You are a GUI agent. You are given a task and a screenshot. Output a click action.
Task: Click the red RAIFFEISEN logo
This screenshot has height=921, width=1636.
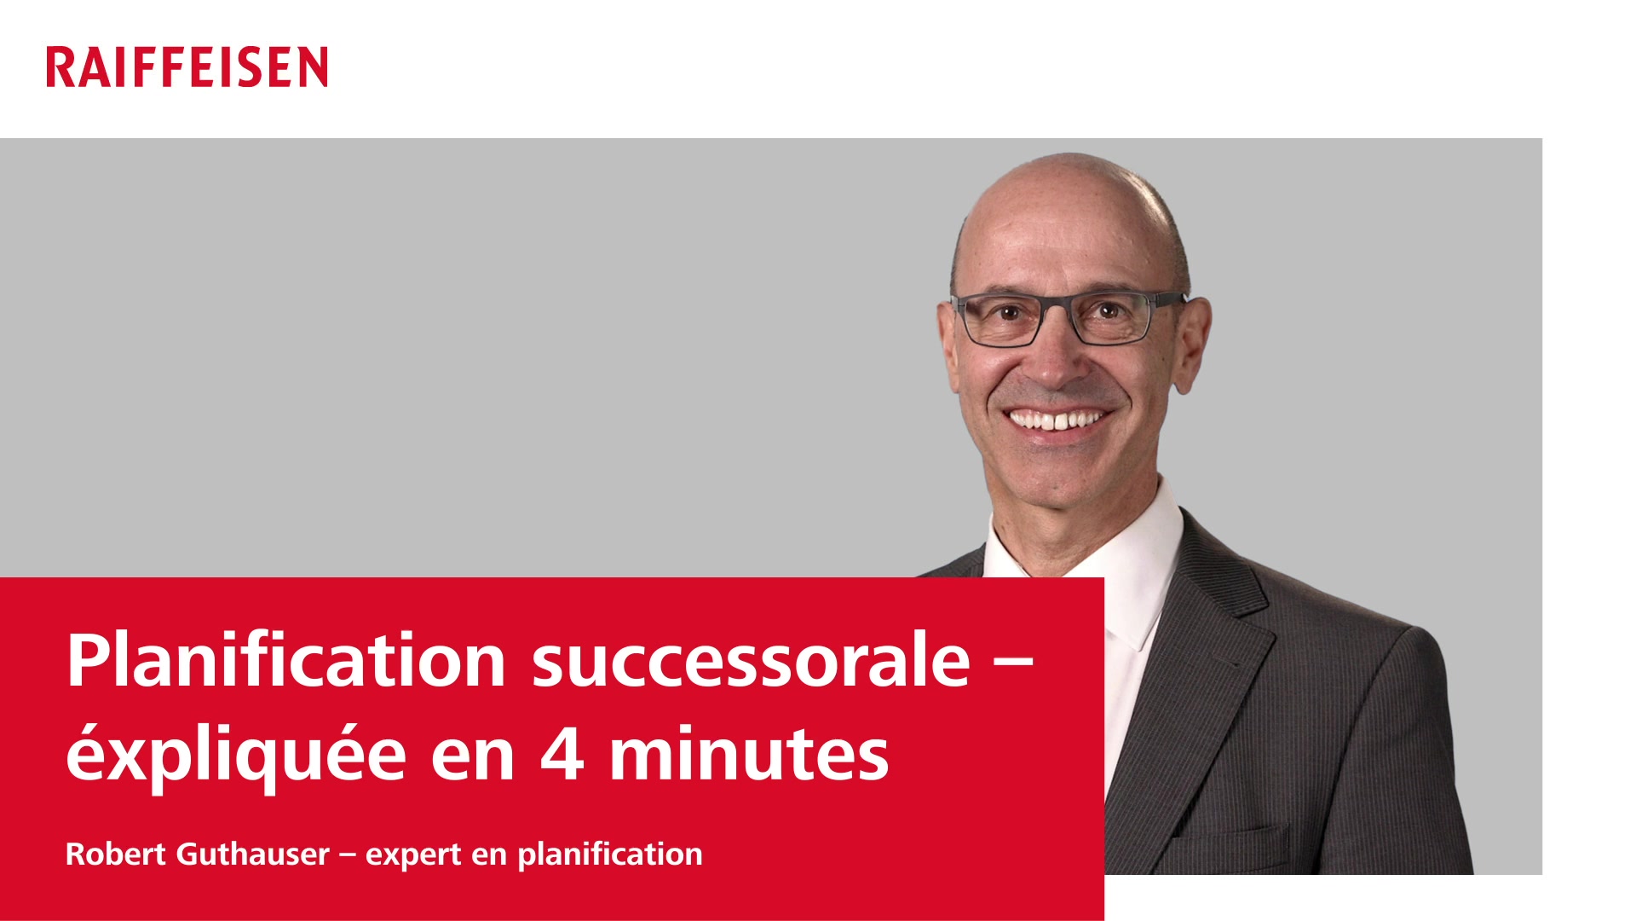click(187, 67)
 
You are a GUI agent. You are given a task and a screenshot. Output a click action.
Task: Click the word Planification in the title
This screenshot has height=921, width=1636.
click(287, 661)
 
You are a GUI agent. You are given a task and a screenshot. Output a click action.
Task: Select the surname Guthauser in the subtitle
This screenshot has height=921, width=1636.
click(252, 854)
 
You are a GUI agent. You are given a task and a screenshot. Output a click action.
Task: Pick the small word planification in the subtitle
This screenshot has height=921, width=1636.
click(610, 854)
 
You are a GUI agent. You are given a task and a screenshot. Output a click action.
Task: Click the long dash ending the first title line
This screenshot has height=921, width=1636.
click(1014, 661)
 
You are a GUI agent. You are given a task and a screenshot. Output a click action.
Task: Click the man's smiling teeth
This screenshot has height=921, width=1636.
click(1057, 420)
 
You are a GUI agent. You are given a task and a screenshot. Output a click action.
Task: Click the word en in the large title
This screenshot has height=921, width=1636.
click(473, 757)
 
